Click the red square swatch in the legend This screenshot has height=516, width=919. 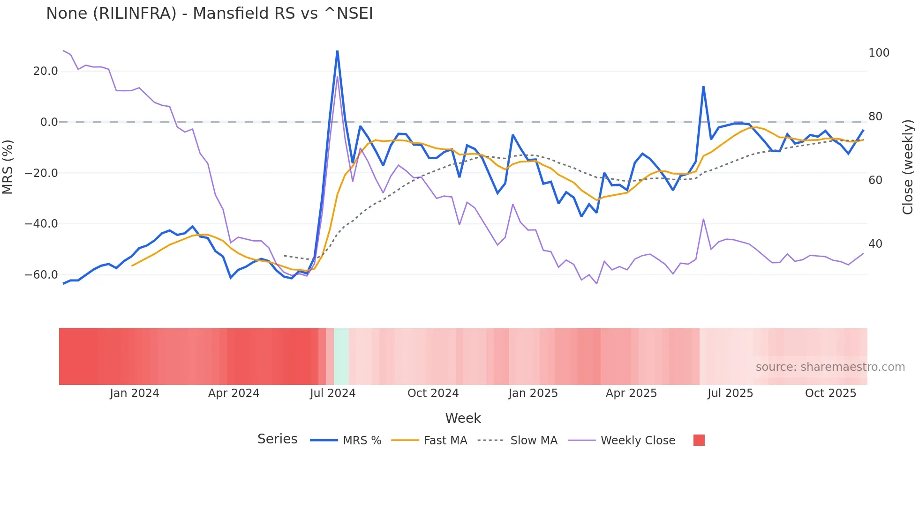pyautogui.click(x=699, y=440)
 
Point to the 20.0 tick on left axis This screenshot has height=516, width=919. pyautogui.click(x=45, y=71)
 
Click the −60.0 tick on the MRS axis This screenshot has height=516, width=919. pyautogui.click(x=41, y=275)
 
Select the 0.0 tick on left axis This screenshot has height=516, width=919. pyautogui.click(x=49, y=122)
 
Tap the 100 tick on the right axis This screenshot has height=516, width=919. pyautogui.click(x=879, y=53)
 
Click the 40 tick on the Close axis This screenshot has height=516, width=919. pyautogui.click(x=875, y=244)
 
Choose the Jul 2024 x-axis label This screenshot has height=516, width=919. pyautogui.click(x=332, y=393)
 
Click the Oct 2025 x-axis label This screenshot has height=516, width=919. pyautogui.click(x=830, y=393)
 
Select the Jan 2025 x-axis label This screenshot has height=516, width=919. pyautogui.click(x=533, y=393)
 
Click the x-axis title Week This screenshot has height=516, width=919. pyautogui.click(x=463, y=418)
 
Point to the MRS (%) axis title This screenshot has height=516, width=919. pyautogui.click(x=8, y=167)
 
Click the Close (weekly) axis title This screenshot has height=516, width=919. pyautogui.click(x=908, y=167)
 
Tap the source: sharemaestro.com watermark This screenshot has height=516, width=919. pyautogui.click(x=830, y=367)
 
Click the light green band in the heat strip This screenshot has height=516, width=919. pyautogui.click(x=341, y=356)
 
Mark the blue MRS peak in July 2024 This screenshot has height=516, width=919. pyautogui.click(x=337, y=51)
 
